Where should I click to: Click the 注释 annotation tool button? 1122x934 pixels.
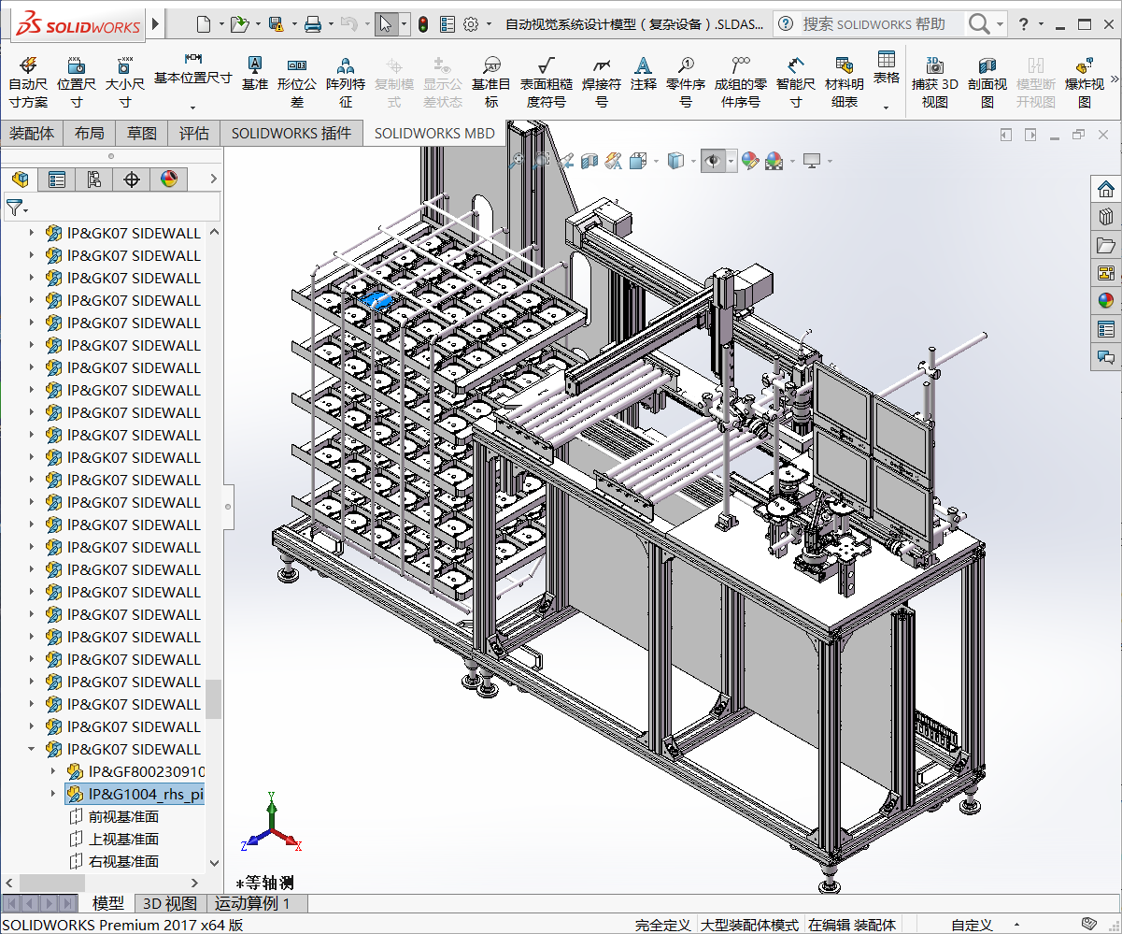tap(643, 81)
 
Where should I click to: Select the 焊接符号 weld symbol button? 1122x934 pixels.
tap(602, 81)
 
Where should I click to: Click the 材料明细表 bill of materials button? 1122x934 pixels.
tap(844, 81)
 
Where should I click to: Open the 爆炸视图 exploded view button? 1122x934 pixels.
tap(1084, 81)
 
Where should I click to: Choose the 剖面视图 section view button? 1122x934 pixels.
tap(987, 81)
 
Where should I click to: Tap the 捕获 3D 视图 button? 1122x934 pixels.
tap(934, 81)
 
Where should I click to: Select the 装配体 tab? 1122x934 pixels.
tap(32, 134)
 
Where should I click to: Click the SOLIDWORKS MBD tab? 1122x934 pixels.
tap(434, 134)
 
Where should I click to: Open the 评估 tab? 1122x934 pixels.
tap(194, 134)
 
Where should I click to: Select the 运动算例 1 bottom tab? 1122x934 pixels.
tap(252, 903)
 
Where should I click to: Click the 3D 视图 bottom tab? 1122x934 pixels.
tap(169, 903)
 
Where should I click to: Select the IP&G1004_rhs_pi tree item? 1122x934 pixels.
tap(145, 795)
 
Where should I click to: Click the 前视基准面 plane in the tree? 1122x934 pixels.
tap(123, 817)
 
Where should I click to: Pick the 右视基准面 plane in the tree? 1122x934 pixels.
tap(123, 862)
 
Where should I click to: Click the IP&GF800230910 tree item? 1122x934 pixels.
tap(146, 772)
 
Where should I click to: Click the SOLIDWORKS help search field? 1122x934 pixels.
tap(873, 24)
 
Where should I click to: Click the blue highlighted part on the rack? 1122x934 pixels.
tap(376, 299)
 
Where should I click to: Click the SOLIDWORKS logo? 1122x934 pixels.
tap(78, 24)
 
